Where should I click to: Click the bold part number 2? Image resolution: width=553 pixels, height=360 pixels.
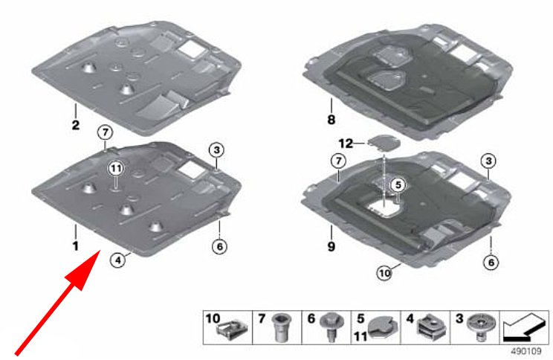[x=76, y=125]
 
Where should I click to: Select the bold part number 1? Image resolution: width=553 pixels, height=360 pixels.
[x=76, y=245]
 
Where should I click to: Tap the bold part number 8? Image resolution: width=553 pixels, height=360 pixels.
[x=332, y=120]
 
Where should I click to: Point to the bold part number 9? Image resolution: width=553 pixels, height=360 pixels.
[x=332, y=246]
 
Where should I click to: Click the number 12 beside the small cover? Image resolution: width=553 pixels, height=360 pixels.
[x=346, y=144]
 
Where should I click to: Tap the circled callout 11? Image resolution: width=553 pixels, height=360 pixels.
[x=116, y=169]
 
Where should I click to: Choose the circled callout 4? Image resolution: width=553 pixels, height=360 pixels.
[x=117, y=260]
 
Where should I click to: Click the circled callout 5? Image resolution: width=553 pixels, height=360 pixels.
[x=398, y=184]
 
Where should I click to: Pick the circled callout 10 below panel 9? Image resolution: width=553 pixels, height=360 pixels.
[x=384, y=273]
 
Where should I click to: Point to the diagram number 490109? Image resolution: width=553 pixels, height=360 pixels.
[x=526, y=351]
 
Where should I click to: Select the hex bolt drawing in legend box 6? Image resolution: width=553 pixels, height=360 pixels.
[x=330, y=327]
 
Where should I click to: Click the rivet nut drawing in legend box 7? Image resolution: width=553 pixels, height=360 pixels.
[x=281, y=327]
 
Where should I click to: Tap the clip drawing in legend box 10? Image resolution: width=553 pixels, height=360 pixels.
[x=232, y=331]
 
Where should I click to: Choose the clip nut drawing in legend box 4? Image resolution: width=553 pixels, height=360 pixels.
[x=432, y=327]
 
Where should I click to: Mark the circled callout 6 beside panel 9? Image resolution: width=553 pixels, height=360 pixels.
[x=491, y=263]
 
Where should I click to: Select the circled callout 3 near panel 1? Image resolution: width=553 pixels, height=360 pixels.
[x=216, y=150]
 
